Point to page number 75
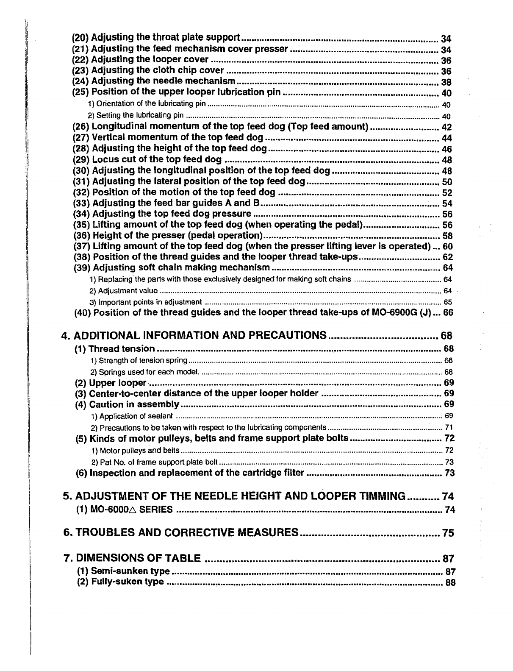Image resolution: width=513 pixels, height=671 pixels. [448, 533]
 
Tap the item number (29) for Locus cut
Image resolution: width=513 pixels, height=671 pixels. [82, 159]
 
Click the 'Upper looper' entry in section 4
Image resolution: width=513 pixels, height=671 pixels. [117, 383]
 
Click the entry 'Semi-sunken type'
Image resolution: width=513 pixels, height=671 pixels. [131, 571]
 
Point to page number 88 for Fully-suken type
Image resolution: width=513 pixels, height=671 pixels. [451, 582]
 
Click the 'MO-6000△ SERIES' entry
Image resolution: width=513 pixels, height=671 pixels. [132, 509]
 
